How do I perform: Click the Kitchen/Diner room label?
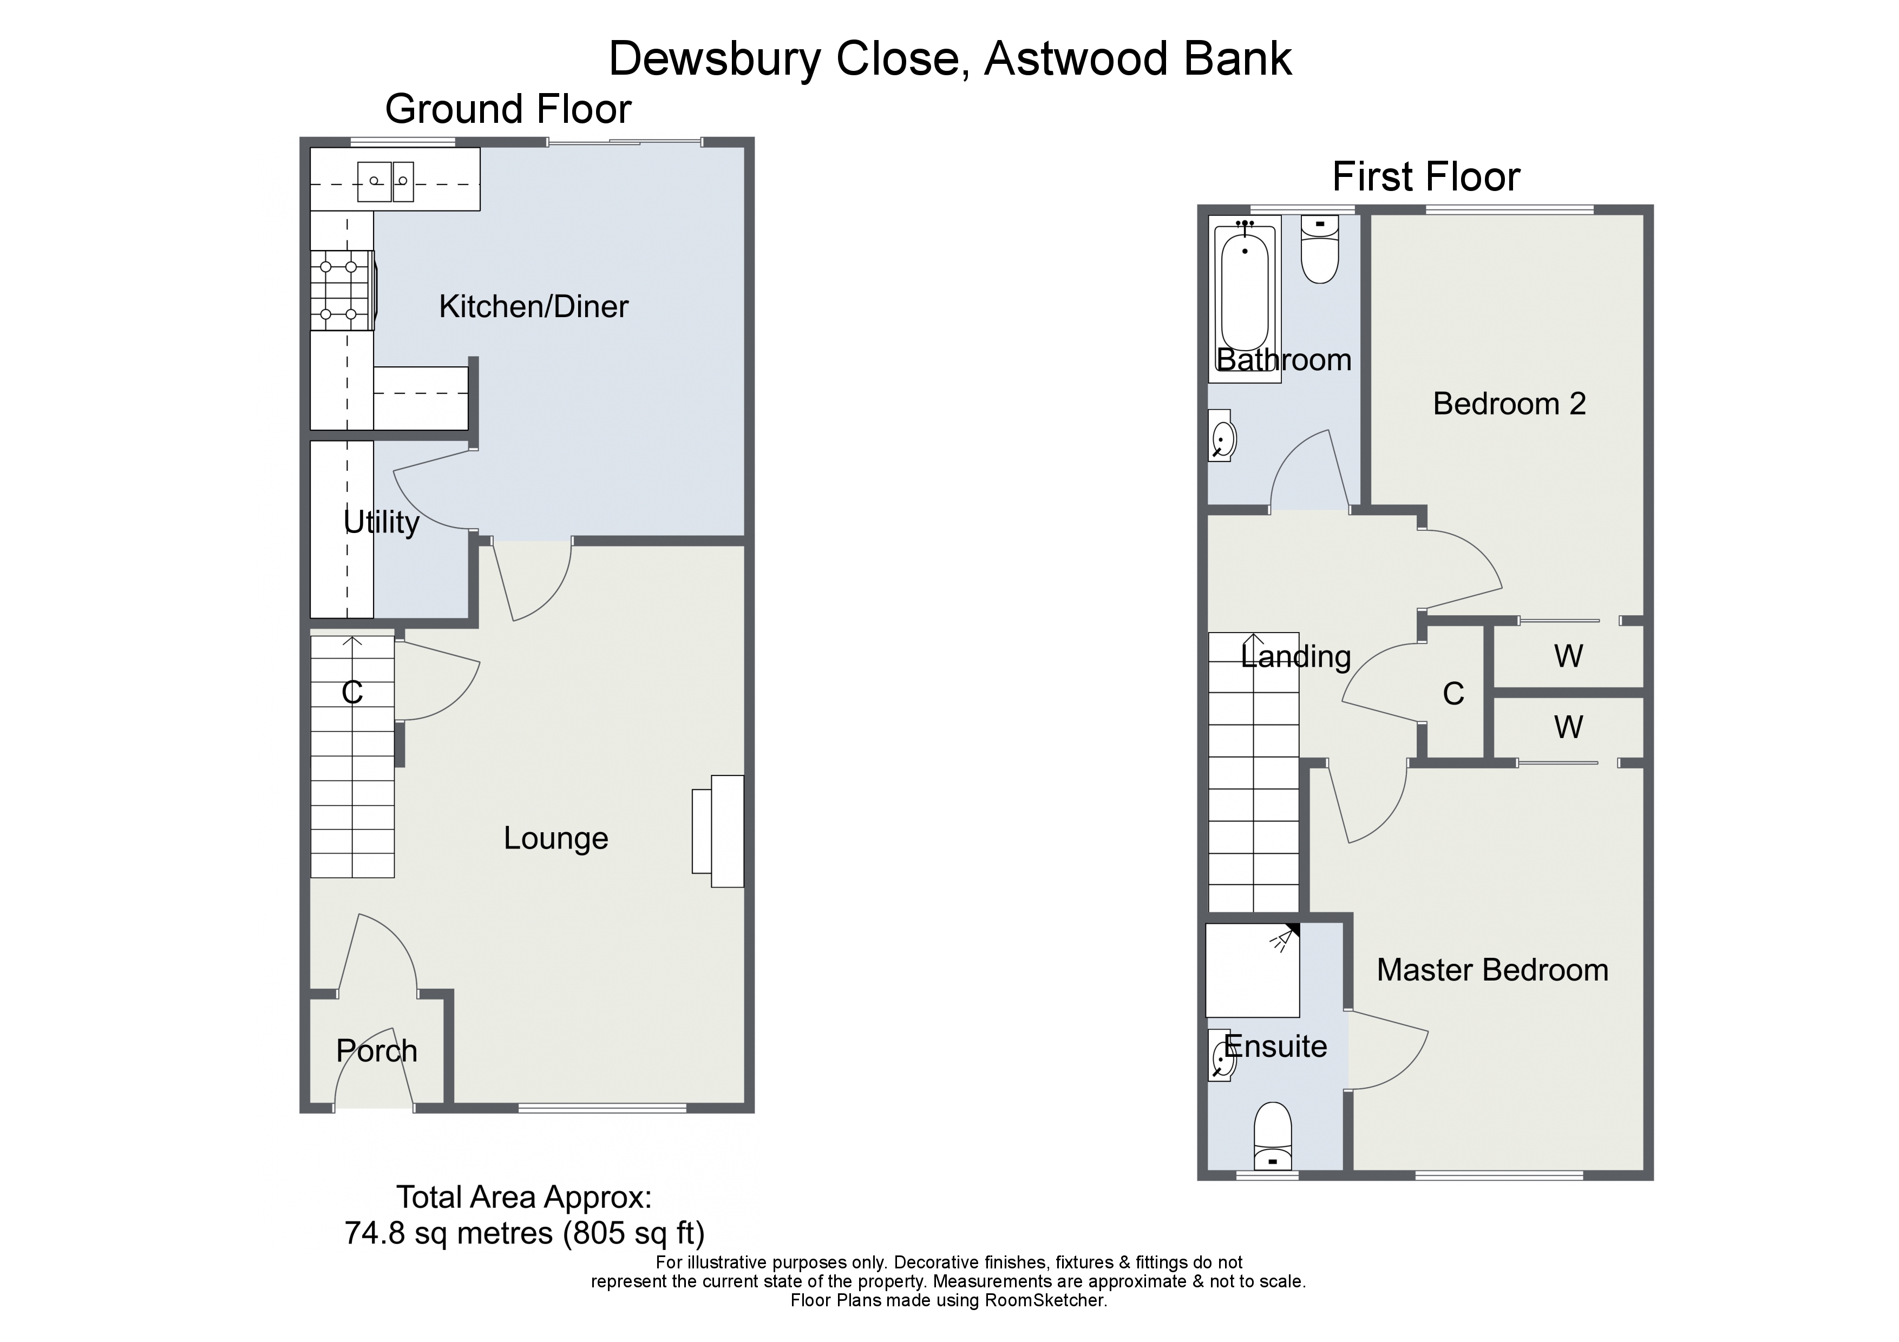click(x=533, y=307)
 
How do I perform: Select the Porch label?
click(x=376, y=1051)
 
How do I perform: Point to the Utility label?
click(x=381, y=523)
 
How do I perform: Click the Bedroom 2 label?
click(x=1509, y=404)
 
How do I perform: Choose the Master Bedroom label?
click(x=1492, y=970)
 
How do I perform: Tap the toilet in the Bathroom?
click(x=1319, y=249)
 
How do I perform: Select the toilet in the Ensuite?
click(x=1273, y=1137)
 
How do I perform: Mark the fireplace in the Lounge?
click(x=718, y=831)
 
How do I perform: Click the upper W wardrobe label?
click(x=1568, y=656)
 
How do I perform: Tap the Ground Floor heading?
click(x=508, y=109)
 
